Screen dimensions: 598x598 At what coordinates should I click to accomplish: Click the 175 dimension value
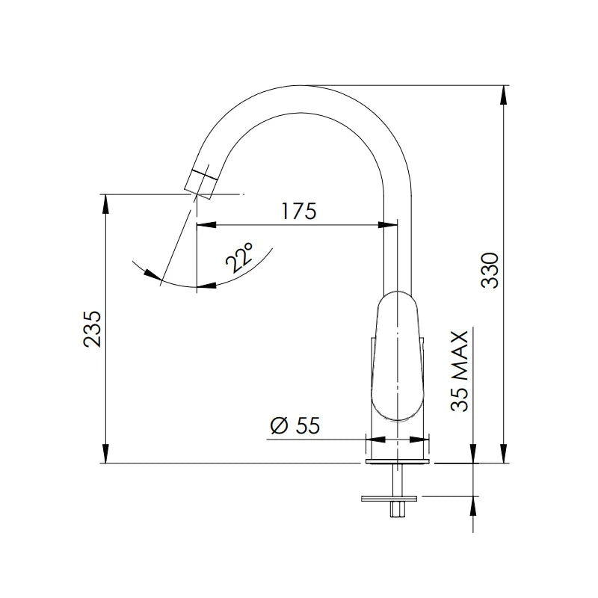pyautogui.click(x=299, y=211)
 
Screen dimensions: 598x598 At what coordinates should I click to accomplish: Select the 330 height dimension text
pyautogui.click(x=490, y=270)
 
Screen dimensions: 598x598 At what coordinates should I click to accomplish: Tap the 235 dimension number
pyautogui.click(x=92, y=329)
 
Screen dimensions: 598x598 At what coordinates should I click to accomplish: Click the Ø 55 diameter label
pyautogui.click(x=295, y=425)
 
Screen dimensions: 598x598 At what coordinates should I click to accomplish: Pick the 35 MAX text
pyautogui.click(x=459, y=371)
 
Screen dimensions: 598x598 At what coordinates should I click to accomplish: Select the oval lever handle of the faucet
pyautogui.click(x=397, y=356)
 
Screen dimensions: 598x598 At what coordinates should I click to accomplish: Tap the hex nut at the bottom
pyautogui.click(x=397, y=510)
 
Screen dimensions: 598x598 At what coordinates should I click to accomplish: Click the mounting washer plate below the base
pyautogui.click(x=389, y=498)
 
